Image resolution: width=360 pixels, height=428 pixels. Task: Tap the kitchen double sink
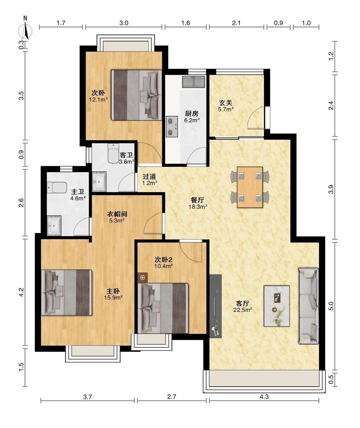coord(194,82)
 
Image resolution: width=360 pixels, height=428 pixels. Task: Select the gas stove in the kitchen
coord(172,127)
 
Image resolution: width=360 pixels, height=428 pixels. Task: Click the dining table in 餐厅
coord(250,187)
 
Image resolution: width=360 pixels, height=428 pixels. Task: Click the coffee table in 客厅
coord(277,306)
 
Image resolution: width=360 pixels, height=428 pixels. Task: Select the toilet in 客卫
coord(113,153)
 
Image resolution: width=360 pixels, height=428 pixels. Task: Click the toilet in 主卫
coord(57,188)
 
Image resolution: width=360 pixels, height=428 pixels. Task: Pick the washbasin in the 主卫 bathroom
coord(54,225)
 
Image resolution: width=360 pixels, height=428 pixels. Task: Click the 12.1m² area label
coord(98,100)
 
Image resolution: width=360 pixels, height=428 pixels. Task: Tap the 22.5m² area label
coord(243,310)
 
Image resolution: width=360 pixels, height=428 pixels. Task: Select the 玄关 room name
coord(226,103)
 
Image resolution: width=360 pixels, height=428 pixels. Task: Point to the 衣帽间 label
coord(117,214)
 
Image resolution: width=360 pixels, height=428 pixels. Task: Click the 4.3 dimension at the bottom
coord(264,402)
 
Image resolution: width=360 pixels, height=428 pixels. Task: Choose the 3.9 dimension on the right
coord(331,190)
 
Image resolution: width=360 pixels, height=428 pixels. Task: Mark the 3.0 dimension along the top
coord(124,23)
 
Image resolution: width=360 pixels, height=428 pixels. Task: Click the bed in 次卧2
coord(163,308)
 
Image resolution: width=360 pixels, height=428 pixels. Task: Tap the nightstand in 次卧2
coord(143,278)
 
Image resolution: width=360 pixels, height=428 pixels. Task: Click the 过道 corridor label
coord(149,176)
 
